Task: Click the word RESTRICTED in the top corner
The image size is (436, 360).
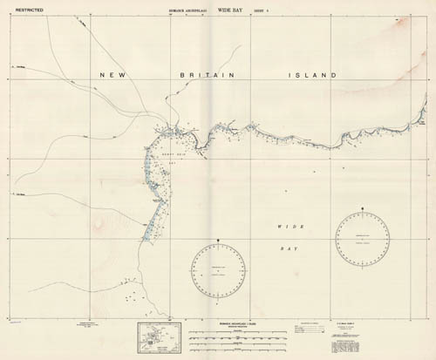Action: pos(19,10)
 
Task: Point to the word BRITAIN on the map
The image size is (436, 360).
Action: pos(198,76)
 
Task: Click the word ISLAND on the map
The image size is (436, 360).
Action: pos(312,76)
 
